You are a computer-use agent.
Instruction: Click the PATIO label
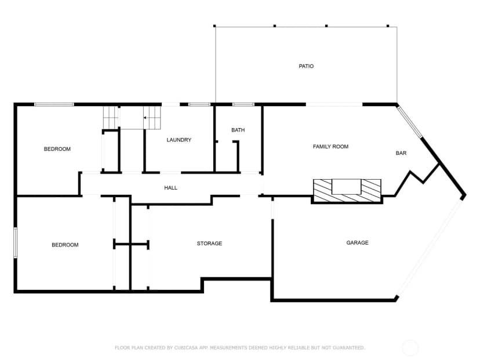coord(306,66)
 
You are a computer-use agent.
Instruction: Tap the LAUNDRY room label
coord(179,140)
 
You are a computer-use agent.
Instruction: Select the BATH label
coord(238,130)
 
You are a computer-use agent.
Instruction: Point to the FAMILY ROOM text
coord(330,147)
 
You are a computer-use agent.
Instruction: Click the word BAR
coord(401,153)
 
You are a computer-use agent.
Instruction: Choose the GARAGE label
coord(357,243)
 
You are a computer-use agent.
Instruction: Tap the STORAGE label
coord(209,243)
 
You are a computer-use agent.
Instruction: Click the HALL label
coord(170,188)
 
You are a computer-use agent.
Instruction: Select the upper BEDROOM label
coord(57,149)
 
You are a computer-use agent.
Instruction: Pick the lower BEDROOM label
coord(65,245)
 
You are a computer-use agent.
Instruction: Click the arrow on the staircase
coord(145,118)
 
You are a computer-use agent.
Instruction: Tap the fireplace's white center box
coord(347,187)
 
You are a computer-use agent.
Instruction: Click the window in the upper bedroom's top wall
coord(54,104)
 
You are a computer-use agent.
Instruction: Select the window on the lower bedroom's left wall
coord(15,243)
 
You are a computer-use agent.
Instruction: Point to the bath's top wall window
coord(243,104)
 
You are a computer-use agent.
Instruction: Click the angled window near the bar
coord(410,122)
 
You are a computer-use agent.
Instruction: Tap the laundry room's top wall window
coord(199,104)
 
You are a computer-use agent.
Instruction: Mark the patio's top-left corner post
coord(214,26)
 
